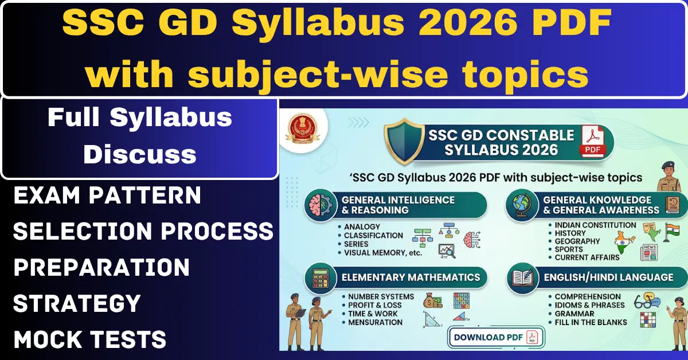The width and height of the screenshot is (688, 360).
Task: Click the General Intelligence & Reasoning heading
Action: (398, 205)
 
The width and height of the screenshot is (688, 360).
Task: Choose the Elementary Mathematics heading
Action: (411, 277)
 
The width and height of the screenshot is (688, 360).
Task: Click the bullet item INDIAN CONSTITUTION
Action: (595, 225)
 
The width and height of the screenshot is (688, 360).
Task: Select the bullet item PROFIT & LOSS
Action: (375, 305)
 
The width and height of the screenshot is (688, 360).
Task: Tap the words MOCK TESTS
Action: (90, 339)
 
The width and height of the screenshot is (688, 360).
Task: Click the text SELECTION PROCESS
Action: (143, 232)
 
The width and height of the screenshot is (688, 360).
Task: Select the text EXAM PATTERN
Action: (107, 195)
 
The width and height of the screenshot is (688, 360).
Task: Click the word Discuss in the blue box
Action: (140, 154)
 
